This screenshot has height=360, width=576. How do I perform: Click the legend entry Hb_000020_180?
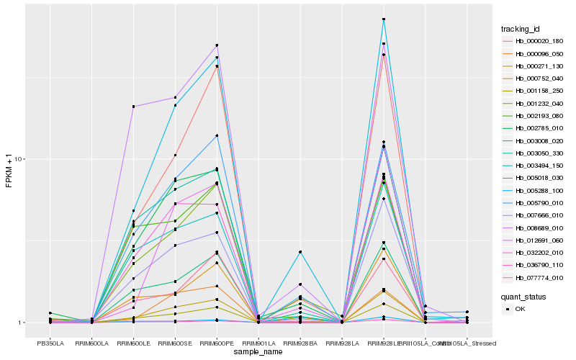tap(536, 40)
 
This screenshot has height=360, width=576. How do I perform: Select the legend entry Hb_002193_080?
tap(536, 115)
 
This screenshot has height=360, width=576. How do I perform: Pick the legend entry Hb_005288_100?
tap(536, 190)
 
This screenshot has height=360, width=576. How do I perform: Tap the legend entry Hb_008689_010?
tap(536, 228)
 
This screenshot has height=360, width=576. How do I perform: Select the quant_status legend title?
tap(524, 296)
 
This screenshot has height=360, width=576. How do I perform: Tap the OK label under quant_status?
tap(520, 308)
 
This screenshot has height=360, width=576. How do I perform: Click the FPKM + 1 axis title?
tap(9, 171)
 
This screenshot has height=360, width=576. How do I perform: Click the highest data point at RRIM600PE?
tap(217, 45)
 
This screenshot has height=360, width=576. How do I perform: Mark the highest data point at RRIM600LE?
tap(133, 107)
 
